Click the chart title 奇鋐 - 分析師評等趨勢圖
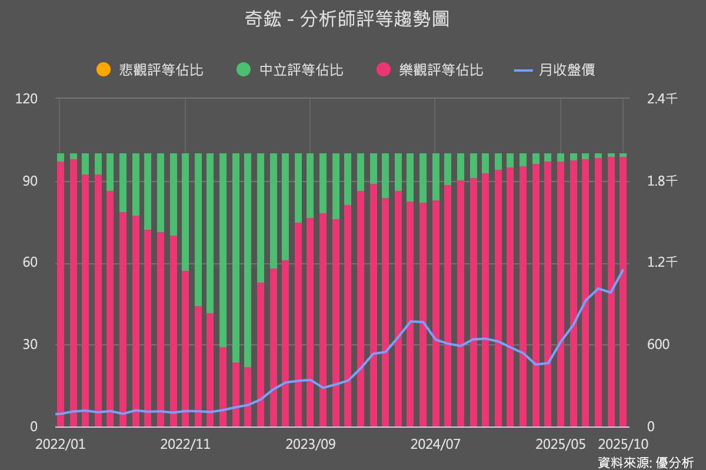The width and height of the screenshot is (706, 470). coord(347,19)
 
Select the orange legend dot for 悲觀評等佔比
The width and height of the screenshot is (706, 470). coord(104,70)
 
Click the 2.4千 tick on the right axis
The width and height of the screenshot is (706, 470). coord(662,99)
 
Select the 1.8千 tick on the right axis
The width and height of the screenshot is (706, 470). coord(662,181)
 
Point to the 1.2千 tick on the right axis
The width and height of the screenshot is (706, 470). coord(662,263)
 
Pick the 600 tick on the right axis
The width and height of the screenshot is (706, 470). coord(658,344)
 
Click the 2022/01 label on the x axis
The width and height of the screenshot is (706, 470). coord(60,444)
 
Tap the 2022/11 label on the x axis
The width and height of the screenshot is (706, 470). coord(185,444)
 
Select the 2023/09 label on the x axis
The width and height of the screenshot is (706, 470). coord(310,444)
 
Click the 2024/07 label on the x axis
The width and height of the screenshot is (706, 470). coord(435,444)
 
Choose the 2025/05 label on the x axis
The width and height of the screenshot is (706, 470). coord(560,444)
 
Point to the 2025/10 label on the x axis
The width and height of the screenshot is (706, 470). coord(623,444)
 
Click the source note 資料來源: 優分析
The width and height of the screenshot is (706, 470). coord(645,461)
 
